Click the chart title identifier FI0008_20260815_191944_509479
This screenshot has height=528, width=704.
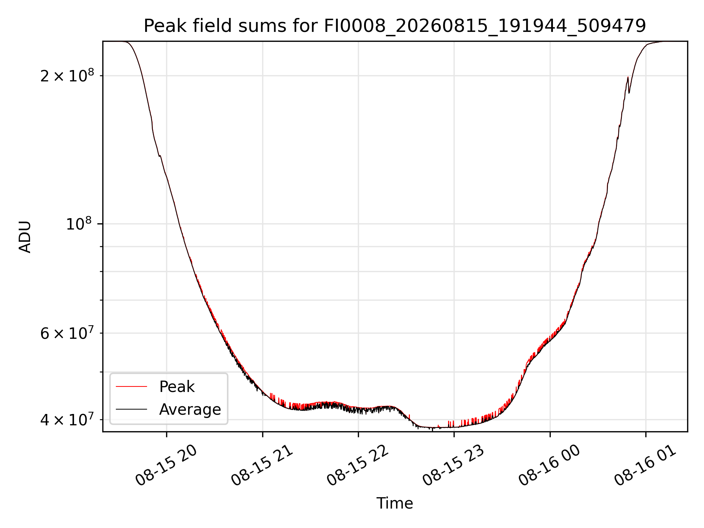tap(485, 26)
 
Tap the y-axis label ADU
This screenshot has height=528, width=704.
tap(25, 237)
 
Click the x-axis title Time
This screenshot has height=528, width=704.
tap(395, 503)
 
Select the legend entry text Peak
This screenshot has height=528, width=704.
tap(177, 387)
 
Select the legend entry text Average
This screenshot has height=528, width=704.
tap(190, 409)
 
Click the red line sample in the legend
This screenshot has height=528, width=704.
tap(131, 386)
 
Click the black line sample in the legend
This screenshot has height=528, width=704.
tap(131, 409)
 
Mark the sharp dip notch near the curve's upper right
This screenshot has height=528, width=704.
tap(629, 92)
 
